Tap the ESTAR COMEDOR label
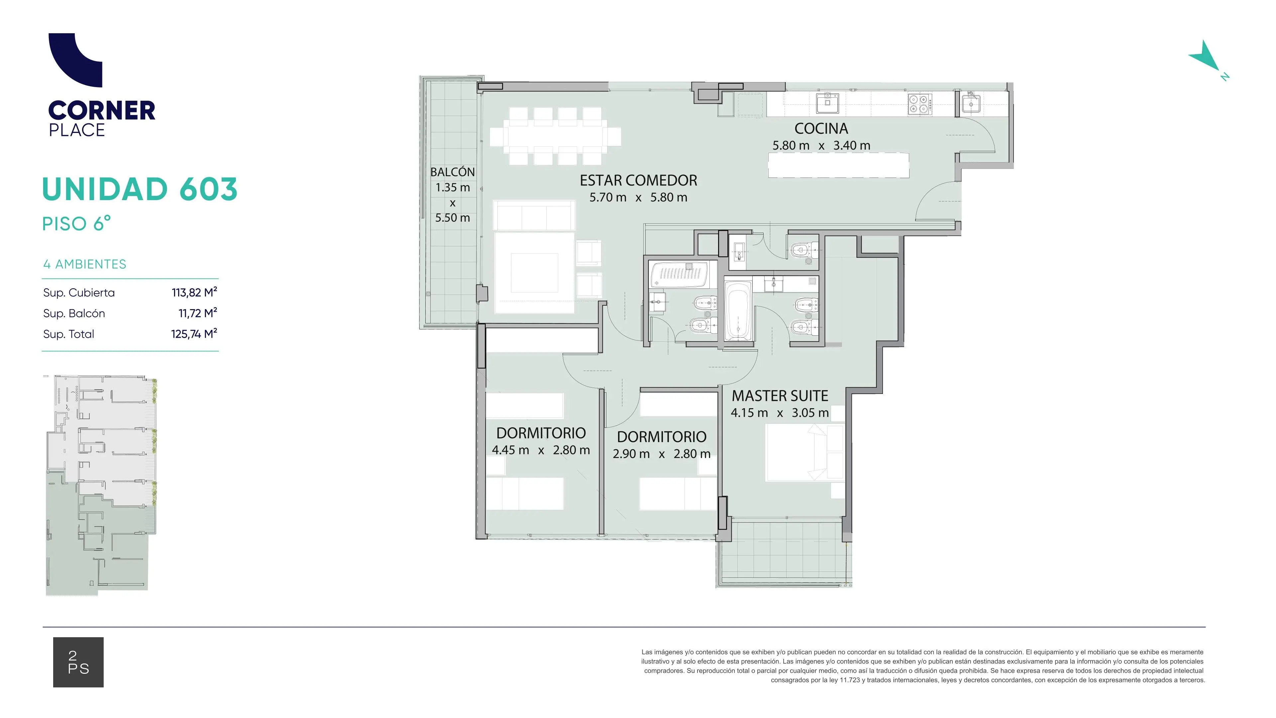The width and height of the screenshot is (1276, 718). tap(638, 180)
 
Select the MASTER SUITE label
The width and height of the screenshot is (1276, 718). tap(780, 396)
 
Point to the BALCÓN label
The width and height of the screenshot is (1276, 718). tap(452, 172)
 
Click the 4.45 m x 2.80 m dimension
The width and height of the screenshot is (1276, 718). tap(541, 450)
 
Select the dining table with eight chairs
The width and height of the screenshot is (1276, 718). tap(555, 136)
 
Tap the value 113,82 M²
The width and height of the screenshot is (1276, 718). tap(194, 293)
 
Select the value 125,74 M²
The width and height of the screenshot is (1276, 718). tap(194, 334)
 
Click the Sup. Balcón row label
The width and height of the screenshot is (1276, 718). tap(74, 313)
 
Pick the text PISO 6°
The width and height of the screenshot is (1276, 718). tap(76, 223)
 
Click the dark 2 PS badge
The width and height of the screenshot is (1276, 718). tap(78, 662)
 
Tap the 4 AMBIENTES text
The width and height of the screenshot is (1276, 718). tap(85, 264)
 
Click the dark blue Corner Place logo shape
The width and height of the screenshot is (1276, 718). tap(75, 60)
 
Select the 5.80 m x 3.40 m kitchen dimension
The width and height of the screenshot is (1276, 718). tap(821, 146)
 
